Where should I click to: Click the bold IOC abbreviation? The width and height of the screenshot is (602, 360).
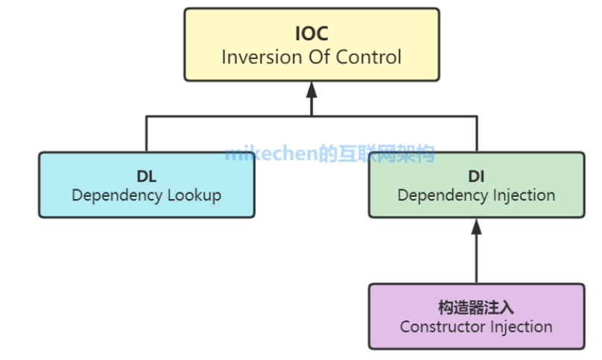pyautogui.click(x=311, y=34)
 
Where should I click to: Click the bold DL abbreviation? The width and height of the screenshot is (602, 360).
pyautogui.click(x=146, y=176)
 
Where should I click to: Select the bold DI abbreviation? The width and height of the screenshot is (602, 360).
pyautogui.click(x=476, y=176)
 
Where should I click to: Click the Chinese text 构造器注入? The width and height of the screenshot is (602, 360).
pyautogui.click(x=476, y=307)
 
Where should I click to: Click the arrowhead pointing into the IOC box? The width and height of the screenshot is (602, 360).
pyautogui.click(x=311, y=89)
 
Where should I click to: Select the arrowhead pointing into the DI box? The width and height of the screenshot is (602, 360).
pyautogui.click(x=477, y=227)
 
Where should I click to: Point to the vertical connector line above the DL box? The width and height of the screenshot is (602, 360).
pyautogui.click(x=146, y=134)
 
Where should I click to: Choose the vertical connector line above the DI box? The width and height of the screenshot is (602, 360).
pyautogui.click(x=477, y=134)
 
